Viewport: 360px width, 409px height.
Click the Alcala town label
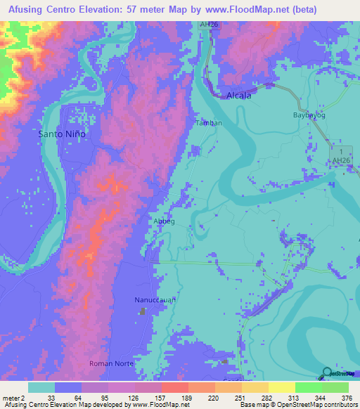click(238, 96)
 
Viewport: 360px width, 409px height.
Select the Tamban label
click(209, 122)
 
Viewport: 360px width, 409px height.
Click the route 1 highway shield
click(340, 152)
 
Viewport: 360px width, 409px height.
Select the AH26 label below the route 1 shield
click(340, 162)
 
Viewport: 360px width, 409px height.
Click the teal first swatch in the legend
click(41, 387)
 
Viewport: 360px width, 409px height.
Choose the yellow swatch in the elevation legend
click(282, 387)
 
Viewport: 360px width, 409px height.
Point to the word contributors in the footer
click(338, 405)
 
